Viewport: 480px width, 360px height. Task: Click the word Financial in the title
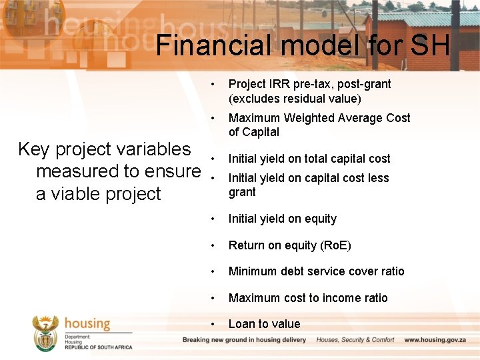coord(212,45)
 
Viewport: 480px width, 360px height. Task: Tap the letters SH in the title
coord(430,45)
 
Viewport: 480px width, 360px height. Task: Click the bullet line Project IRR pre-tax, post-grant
coord(309,84)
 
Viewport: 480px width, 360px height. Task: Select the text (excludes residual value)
coord(295,99)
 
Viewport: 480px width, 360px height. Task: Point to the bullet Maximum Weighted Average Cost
coord(319,118)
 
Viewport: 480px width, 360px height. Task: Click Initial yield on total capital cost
coord(309,159)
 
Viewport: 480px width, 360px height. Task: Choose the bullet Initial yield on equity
coord(283,219)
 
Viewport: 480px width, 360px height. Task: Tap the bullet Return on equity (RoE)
coord(289,245)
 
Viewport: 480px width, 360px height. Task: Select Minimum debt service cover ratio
coord(316,271)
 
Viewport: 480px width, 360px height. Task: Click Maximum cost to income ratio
coord(308,298)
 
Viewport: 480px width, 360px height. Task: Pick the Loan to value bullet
coord(264,324)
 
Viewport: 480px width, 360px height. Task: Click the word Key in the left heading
coord(33,149)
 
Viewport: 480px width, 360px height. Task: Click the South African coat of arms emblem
coord(45,333)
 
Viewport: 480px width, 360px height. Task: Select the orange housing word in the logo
coord(87,323)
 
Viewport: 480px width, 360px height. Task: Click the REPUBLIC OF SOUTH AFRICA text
coord(98,347)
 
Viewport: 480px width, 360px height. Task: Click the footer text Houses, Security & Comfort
coord(355,340)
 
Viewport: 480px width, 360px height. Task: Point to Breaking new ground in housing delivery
coord(245,340)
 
